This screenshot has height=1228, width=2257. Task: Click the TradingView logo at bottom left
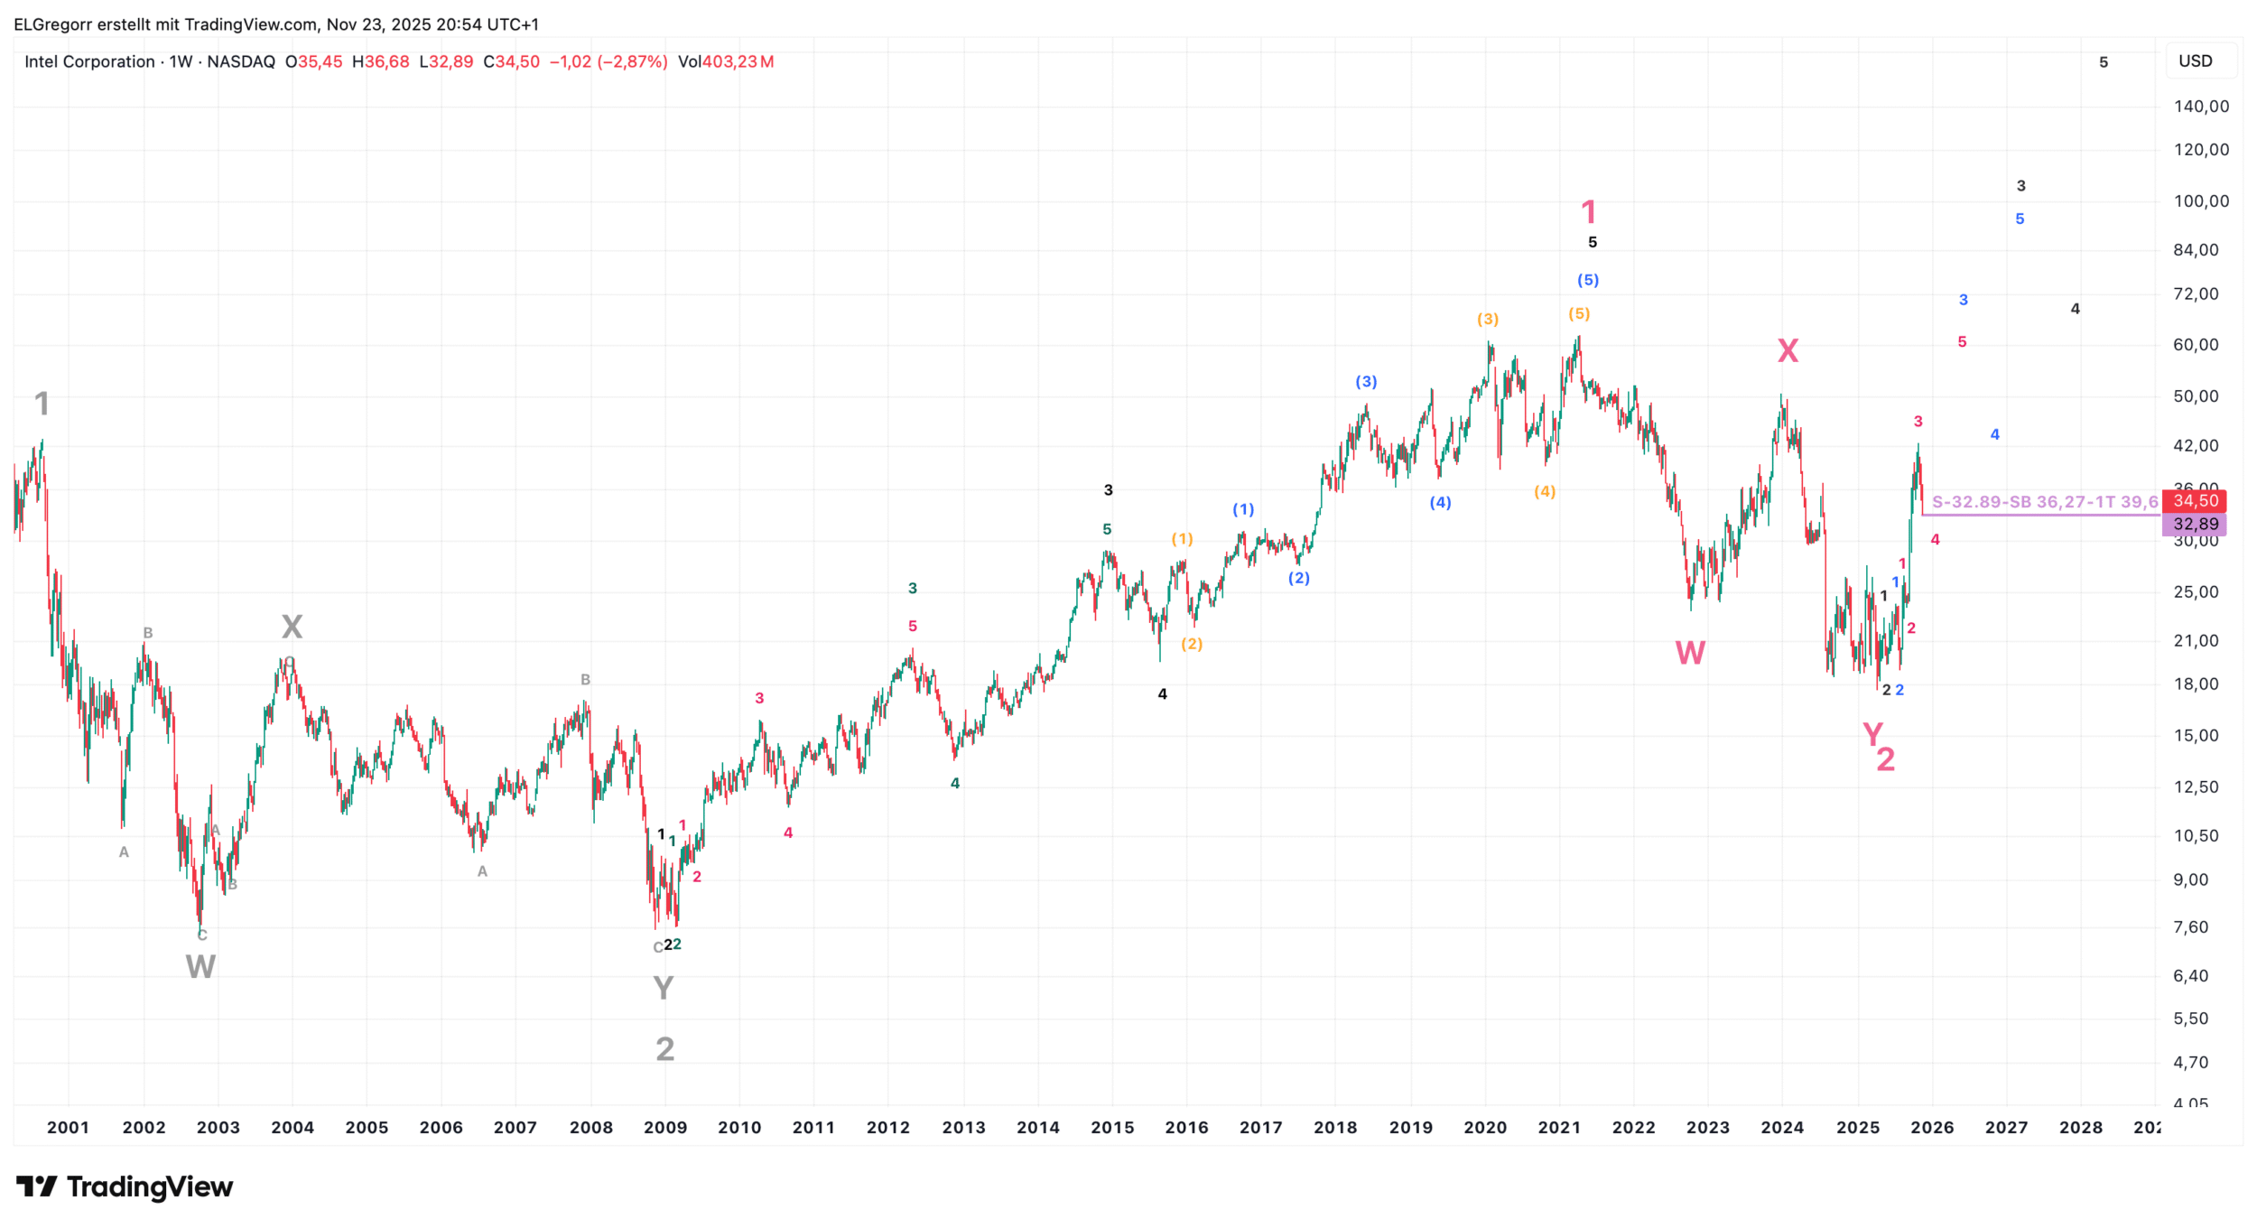coord(125,1186)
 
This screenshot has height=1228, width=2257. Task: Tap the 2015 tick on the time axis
coord(1112,1127)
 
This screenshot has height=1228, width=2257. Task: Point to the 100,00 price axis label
coord(2201,200)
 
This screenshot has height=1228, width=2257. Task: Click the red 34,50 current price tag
coord(2195,500)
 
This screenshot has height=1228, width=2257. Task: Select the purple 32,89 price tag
coord(2195,524)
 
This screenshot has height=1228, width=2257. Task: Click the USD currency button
coord(2195,61)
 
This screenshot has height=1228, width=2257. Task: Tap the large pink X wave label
coord(1788,350)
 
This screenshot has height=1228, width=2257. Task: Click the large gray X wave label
coord(292,627)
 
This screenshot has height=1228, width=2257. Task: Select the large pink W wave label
coord(1690,653)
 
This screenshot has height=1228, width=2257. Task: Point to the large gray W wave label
coord(200,967)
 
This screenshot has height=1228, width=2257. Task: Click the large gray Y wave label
coord(663,989)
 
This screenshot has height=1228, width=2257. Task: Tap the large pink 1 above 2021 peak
coord(1589,212)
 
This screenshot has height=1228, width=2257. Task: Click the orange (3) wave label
coord(1488,319)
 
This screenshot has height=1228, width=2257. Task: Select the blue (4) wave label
coord(1440,502)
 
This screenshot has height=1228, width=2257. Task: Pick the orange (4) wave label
coord(1545,491)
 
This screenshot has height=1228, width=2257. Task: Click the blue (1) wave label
coord(1243,509)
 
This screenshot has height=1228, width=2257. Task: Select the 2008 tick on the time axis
coord(591,1127)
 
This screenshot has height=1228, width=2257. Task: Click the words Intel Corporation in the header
coord(89,61)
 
